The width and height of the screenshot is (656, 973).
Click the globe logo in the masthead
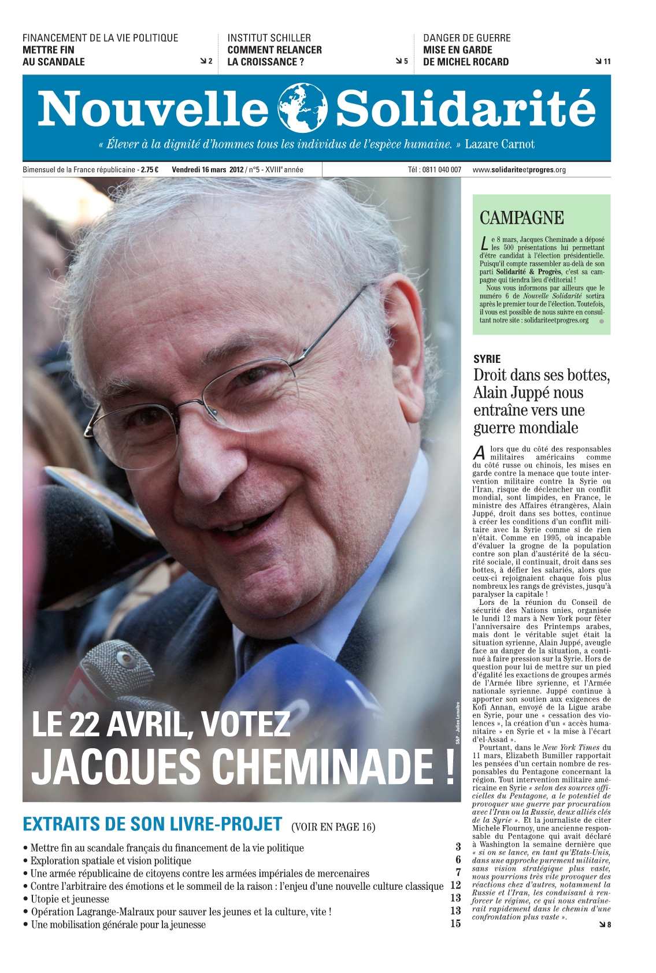pos(302,108)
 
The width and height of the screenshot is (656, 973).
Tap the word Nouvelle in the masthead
pos(153,109)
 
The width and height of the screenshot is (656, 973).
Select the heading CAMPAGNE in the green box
pos(521,218)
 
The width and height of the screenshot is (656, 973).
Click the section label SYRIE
pos(487,359)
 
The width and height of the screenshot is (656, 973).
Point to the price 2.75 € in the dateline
pos(150,170)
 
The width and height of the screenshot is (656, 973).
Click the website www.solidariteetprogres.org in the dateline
pos(518,170)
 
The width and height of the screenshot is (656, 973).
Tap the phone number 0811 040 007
pos(442,170)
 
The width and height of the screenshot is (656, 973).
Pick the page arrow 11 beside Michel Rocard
pos(603,62)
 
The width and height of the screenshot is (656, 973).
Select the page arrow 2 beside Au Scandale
pos(206,61)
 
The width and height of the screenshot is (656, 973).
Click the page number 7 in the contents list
pos(458,872)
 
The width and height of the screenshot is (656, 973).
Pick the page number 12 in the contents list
pos(455,885)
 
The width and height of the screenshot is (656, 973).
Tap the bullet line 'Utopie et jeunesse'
pos(69,899)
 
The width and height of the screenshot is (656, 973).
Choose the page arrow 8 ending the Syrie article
pos(605,924)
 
